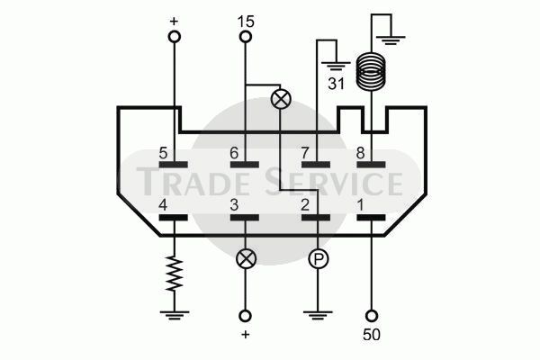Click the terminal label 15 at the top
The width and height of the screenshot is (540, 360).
tap(246, 22)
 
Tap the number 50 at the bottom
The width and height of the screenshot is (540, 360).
tap(372, 335)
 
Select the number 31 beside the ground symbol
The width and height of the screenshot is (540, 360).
tap(336, 84)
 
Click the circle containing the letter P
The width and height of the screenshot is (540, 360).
tap(318, 259)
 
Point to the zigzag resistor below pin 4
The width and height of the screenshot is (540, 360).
tap(175, 274)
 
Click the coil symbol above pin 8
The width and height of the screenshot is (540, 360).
tap(371, 70)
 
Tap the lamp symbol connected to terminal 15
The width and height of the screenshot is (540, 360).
tap(281, 100)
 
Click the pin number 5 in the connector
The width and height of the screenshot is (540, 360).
tap(163, 153)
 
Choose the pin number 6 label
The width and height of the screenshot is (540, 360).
tap(234, 153)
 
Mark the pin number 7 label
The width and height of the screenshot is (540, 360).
tap(305, 153)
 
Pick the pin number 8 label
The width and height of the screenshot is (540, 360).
tap(361, 153)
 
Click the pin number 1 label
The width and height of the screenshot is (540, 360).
tap(361, 206)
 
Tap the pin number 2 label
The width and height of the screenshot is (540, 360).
tap(305, 206)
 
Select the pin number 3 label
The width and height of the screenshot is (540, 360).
tap(234, 206)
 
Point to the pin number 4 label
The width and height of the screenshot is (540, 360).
tap(163, 206)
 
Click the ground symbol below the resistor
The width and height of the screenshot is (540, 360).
tap(175, 315)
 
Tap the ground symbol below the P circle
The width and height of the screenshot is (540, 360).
tap(318, 315)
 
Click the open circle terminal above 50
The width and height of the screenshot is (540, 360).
tap(371, 316)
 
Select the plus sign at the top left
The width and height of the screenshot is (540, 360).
tap(175, 22)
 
